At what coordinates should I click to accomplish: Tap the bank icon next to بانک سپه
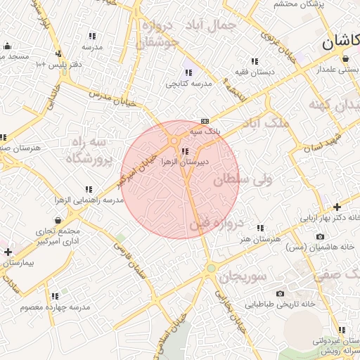tap(205, 121)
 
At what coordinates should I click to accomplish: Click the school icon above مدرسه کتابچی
tap(188, 72)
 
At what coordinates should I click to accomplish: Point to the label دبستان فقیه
tap(255, 72)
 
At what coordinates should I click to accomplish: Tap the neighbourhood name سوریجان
tap(243, 276)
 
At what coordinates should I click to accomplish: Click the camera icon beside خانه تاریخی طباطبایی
tap(281, 293)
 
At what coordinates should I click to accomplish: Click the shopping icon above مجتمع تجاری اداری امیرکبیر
tap(58, 221)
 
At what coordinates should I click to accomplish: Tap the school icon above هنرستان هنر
tap(261, 228)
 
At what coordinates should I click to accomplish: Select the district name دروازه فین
tap(216, 225)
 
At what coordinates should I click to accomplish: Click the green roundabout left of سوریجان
tap(210, 268)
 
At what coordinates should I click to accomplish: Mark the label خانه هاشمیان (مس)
tap(330, 247)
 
